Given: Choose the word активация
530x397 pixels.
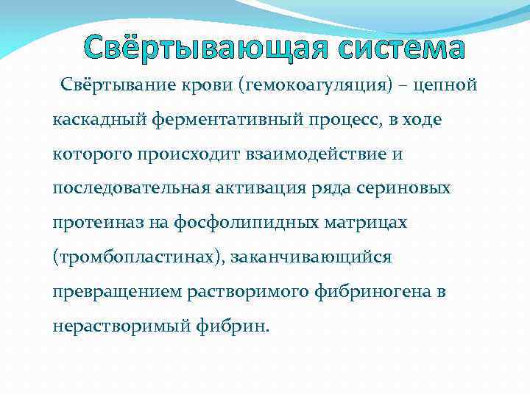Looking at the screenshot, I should click(x=258, y=188).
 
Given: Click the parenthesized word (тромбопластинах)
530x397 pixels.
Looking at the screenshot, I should click(x=138, y=257).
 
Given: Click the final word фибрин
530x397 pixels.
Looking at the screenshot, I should click(x=236, y=325).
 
